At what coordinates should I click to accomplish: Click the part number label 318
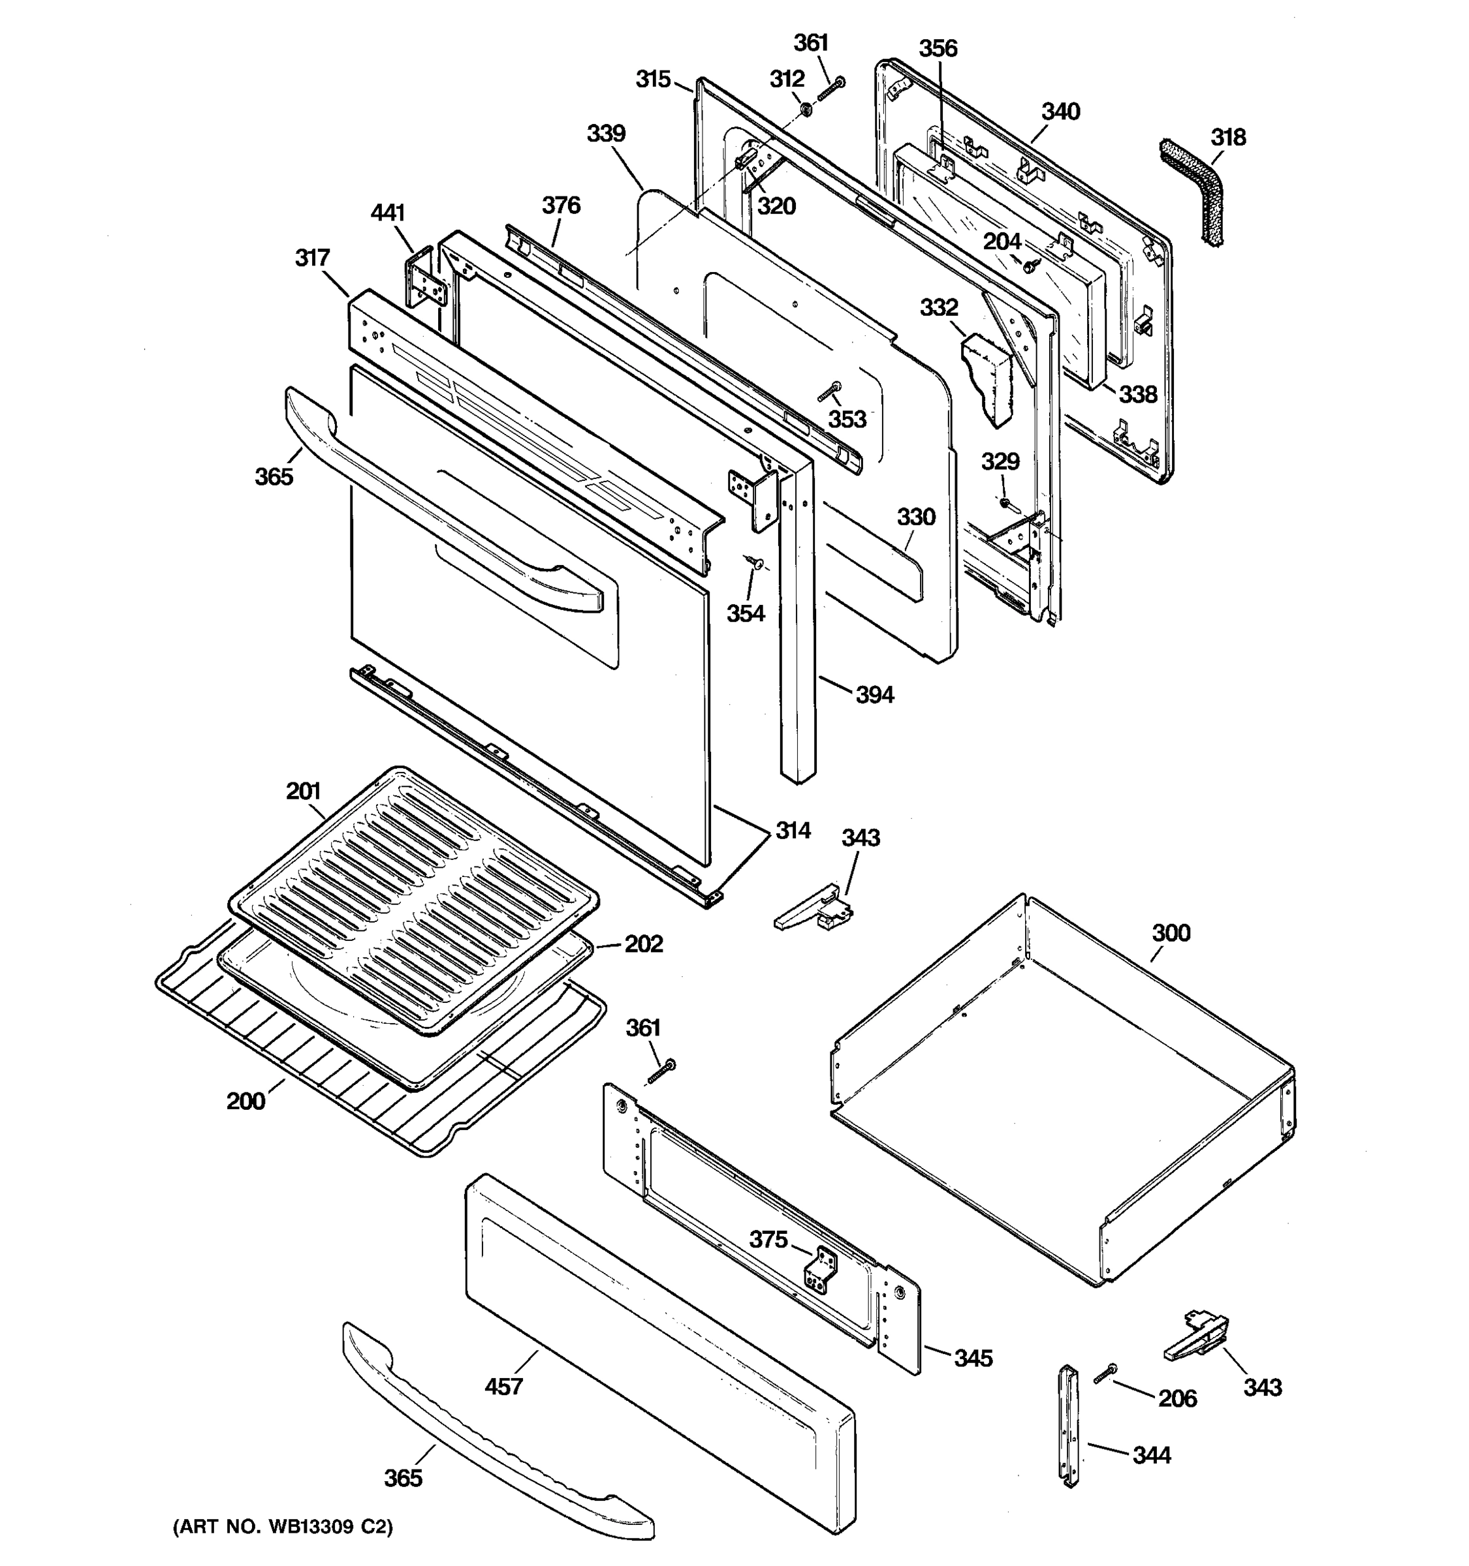(x=1228, y=137)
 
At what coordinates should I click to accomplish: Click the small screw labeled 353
(x=829, y=391)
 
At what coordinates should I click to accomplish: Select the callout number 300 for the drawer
(x=1171, y=932)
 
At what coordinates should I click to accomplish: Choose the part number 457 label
(x=503, y=1386)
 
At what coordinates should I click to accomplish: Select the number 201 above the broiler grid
(x=304, y=791)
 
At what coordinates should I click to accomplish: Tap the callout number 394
(x=875, y=695)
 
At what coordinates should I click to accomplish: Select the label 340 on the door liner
(x=1060, y=112)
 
